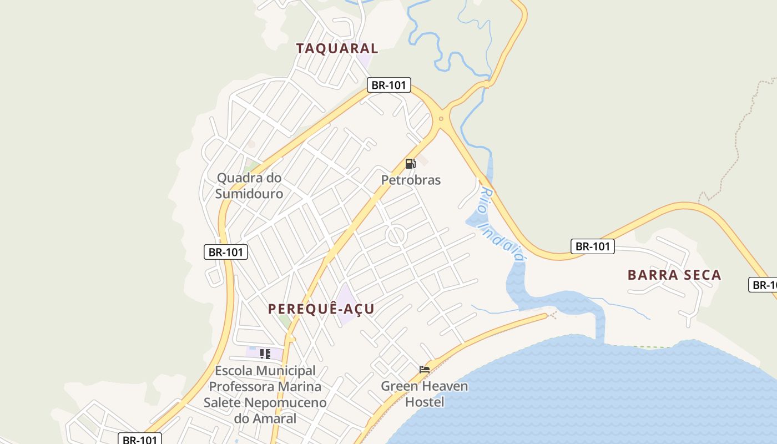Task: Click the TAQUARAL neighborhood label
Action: point(337,48)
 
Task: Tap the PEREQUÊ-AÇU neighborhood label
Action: point(321,309)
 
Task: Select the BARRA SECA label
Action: point(674,275)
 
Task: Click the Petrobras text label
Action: point(411,180)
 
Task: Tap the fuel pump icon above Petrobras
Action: point(411,164)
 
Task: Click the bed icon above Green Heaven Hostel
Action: point(425,369)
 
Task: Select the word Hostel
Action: point(425,401)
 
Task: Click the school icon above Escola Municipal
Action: point(265,354)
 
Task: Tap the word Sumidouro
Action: point(249,194)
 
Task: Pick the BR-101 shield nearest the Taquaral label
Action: point(389,85)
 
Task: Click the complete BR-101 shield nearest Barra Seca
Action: point(593,246)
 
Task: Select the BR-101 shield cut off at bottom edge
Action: point(140,439)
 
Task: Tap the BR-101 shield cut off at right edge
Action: point(764,285)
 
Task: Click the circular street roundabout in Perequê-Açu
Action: point(397,236)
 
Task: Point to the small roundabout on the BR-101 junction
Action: point(441,118)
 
